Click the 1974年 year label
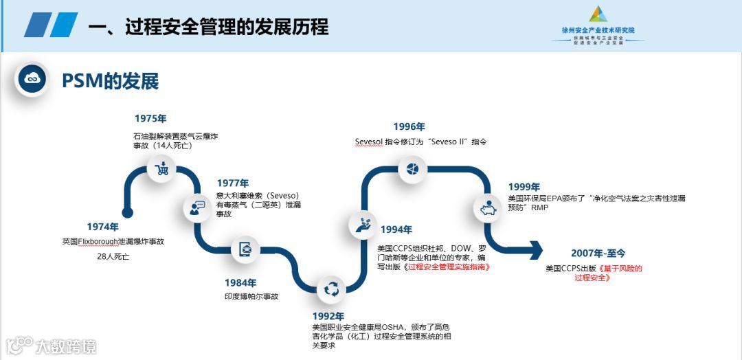pyautogui.click(x=102, y=227)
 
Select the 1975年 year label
pyautogui.click(x=150, y=118)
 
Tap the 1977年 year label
pyautogui.click(x=233, y=183)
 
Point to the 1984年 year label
pyautogui.click(x=240, y=282)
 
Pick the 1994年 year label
pyautogui.click(x=396, y=229)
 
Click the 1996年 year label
pyautogui.click(x=409, y=126)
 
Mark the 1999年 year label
pyautogui.click(x=524, y=187)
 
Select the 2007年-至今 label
pyautogui.click(x=598, y=253)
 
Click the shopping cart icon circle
pyautogui.click(x=163, y=168)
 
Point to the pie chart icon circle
pyautogui.click(x=413, y=168)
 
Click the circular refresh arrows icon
pyautogui.click(x=331, y=289)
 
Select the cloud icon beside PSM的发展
pyautogui.click(x=32, y=80)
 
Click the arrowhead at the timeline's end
pyautogui.click(x=535, y=250)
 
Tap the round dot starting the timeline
pyautogui.click(x=126, y=212)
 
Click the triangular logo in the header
pyautogui.click(x=598, y=14)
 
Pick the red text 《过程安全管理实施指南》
pyautogui.click(x=447, y=267)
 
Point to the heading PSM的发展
pyautogui.click(x=110, y=81)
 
